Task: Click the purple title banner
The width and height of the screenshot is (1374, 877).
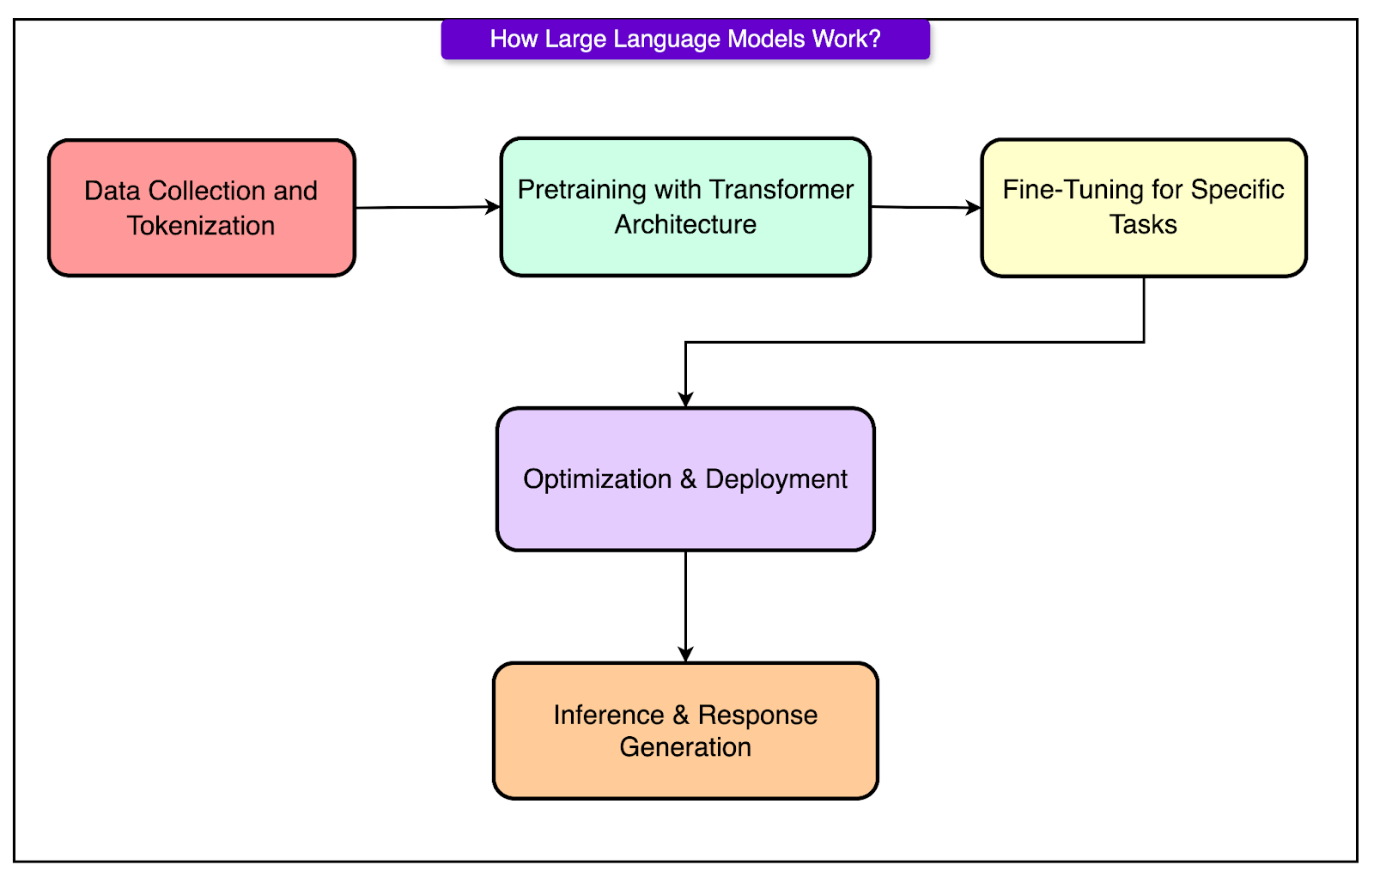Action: click(685, 40)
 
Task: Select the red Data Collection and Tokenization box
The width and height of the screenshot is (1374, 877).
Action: click(202, 208)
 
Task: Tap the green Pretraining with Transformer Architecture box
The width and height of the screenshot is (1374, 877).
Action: click(685, 207)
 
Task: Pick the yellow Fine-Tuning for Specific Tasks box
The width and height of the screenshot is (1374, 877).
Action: click(1143, 207)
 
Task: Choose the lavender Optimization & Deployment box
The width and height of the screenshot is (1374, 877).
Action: click(685, 478)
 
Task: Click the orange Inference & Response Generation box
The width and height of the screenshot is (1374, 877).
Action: click(685, 730)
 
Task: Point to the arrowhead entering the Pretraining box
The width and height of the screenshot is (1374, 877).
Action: click(493, 207)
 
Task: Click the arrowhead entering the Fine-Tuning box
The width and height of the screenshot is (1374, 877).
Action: click(973, 207)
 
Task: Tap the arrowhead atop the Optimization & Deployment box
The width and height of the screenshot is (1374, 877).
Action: click(685, 399)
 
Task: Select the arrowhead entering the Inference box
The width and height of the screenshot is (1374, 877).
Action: click(685, 655)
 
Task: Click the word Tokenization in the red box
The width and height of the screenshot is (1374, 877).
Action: click(201, 226)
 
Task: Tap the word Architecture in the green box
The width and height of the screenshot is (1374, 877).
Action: click(685, 225)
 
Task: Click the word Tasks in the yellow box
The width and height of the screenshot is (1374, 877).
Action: click(1143, 225)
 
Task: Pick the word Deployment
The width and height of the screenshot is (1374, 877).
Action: click(776, 479)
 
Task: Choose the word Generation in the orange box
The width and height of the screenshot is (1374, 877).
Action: click(685, 747)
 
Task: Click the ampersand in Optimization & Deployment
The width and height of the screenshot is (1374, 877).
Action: click(688, 478)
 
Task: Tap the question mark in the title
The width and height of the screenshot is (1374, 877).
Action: click(875, 39)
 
